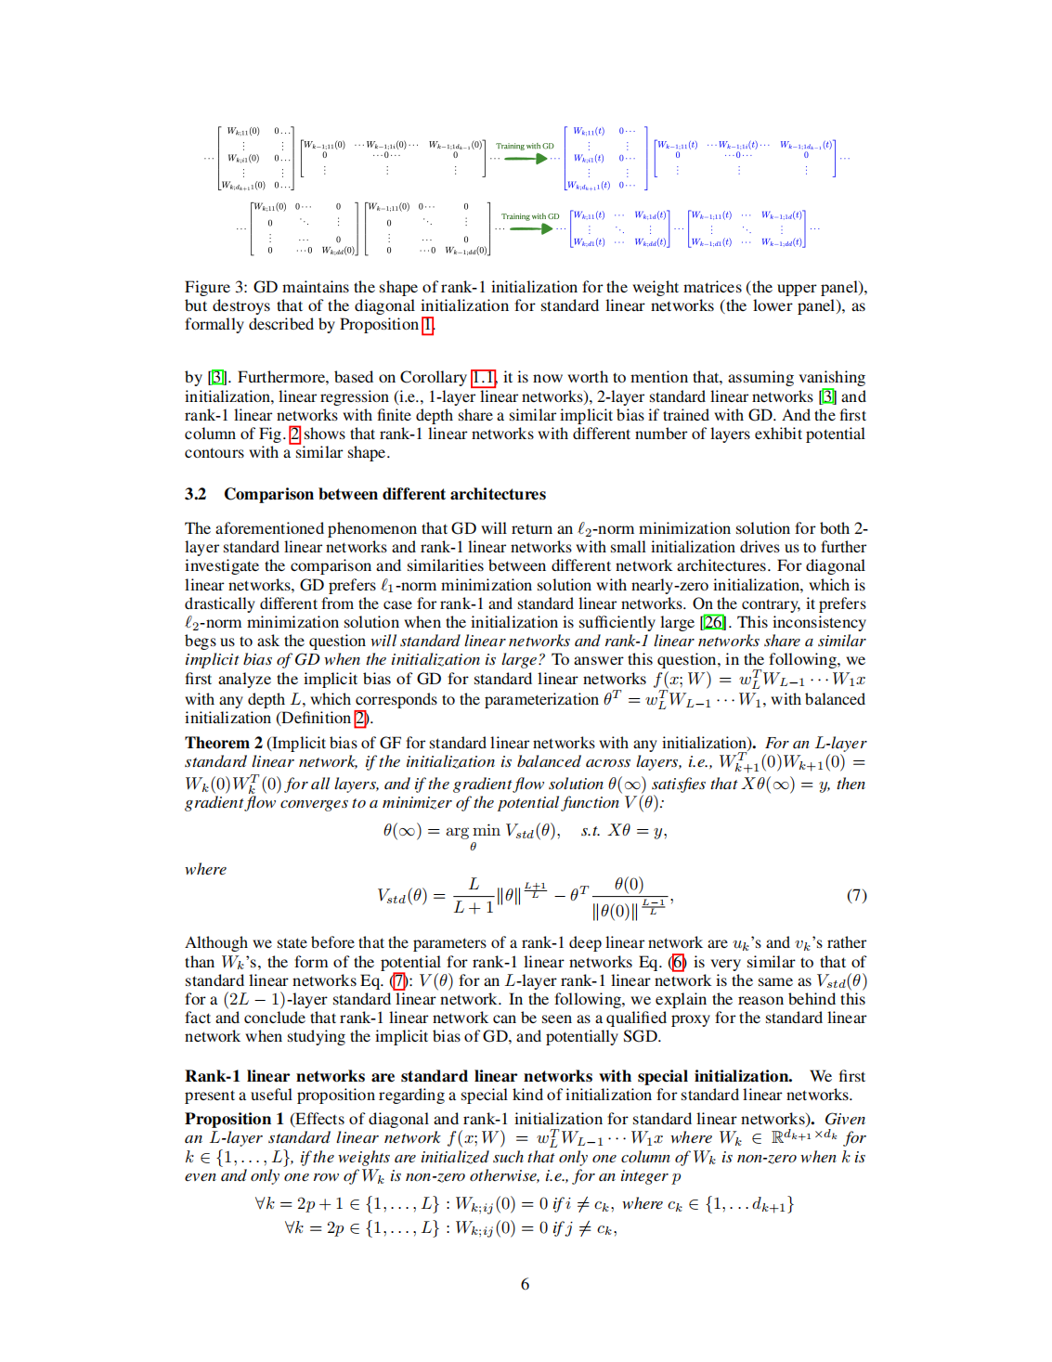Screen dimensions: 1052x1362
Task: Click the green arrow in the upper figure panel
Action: [526, 159]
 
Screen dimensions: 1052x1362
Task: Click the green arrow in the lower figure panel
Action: [532, 228]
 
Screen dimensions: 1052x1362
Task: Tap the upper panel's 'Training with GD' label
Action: [525, 146]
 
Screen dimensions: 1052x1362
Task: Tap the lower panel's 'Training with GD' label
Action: [530, 216]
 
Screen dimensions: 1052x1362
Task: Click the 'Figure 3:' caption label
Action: [216, 287]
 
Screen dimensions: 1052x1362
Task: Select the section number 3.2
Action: [195, 494]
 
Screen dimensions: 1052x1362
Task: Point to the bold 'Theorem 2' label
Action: [223, 743]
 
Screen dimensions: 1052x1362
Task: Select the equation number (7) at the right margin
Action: [856, 895]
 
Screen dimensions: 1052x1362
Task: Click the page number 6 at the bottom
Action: [525, 1284]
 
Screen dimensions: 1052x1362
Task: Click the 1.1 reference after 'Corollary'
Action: [483, 377]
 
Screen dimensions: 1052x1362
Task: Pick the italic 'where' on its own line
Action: [205, 869]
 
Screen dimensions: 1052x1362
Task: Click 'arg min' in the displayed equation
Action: [473, 831]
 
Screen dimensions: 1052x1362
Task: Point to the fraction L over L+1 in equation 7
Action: [474, 896]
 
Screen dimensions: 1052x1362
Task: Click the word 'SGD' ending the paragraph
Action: [640, 1036]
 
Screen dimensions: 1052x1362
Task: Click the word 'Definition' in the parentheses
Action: [315, 718]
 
